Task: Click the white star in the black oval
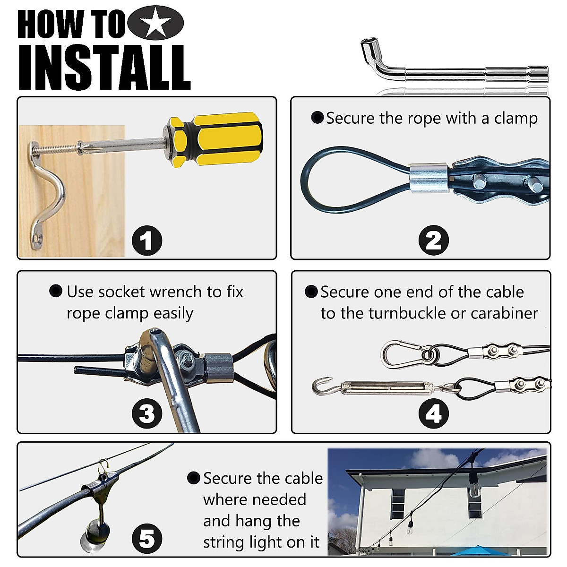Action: [x=155, y=22]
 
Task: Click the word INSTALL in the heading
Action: [x=104, y=68]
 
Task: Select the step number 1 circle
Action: [x=147, y=240]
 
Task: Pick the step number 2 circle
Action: [x=433, y=240]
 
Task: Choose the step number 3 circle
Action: [x=147, y=413]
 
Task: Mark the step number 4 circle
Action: [x=433, y=413]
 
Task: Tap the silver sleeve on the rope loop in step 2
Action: [x=430, y=178]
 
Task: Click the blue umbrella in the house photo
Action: [x=479, y=551]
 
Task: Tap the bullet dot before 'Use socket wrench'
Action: [x=56, y=291]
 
